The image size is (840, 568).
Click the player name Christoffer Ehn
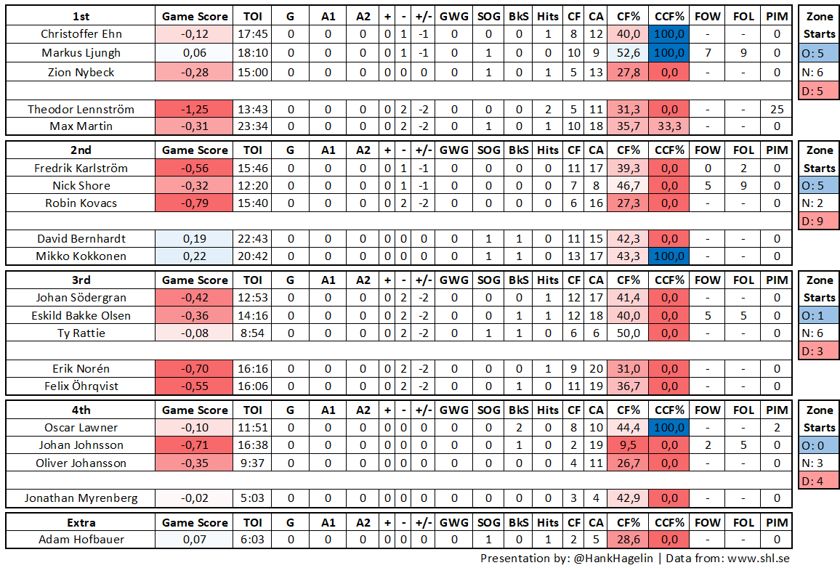tap(81, 34)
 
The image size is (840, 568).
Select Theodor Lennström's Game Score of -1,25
tap(195, 109)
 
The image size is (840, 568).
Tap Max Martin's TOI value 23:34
tap(252, 126)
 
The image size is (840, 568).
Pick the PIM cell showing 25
tap(777, 109)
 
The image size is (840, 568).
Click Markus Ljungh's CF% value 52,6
tap(628, 53)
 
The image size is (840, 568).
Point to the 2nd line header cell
tap(81, 150)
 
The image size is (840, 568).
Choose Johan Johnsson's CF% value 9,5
tap(628, 445)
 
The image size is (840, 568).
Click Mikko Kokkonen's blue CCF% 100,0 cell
tap(669, 256)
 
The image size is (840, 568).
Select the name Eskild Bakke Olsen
tap(81, 315)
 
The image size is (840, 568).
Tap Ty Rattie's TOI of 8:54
tap(252, 333)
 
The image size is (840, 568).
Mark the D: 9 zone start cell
tap(819, 221)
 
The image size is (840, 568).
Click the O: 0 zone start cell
tap(819, 445)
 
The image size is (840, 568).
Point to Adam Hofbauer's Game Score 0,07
tap(195, 540)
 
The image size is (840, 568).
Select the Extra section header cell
tap(81, 522)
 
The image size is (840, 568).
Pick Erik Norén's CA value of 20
tap(596, 368)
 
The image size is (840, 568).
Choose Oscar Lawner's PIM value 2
tap(777, 428)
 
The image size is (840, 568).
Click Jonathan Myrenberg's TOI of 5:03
tap(252, 498)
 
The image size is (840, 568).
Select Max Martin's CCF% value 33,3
tap(669, 126)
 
